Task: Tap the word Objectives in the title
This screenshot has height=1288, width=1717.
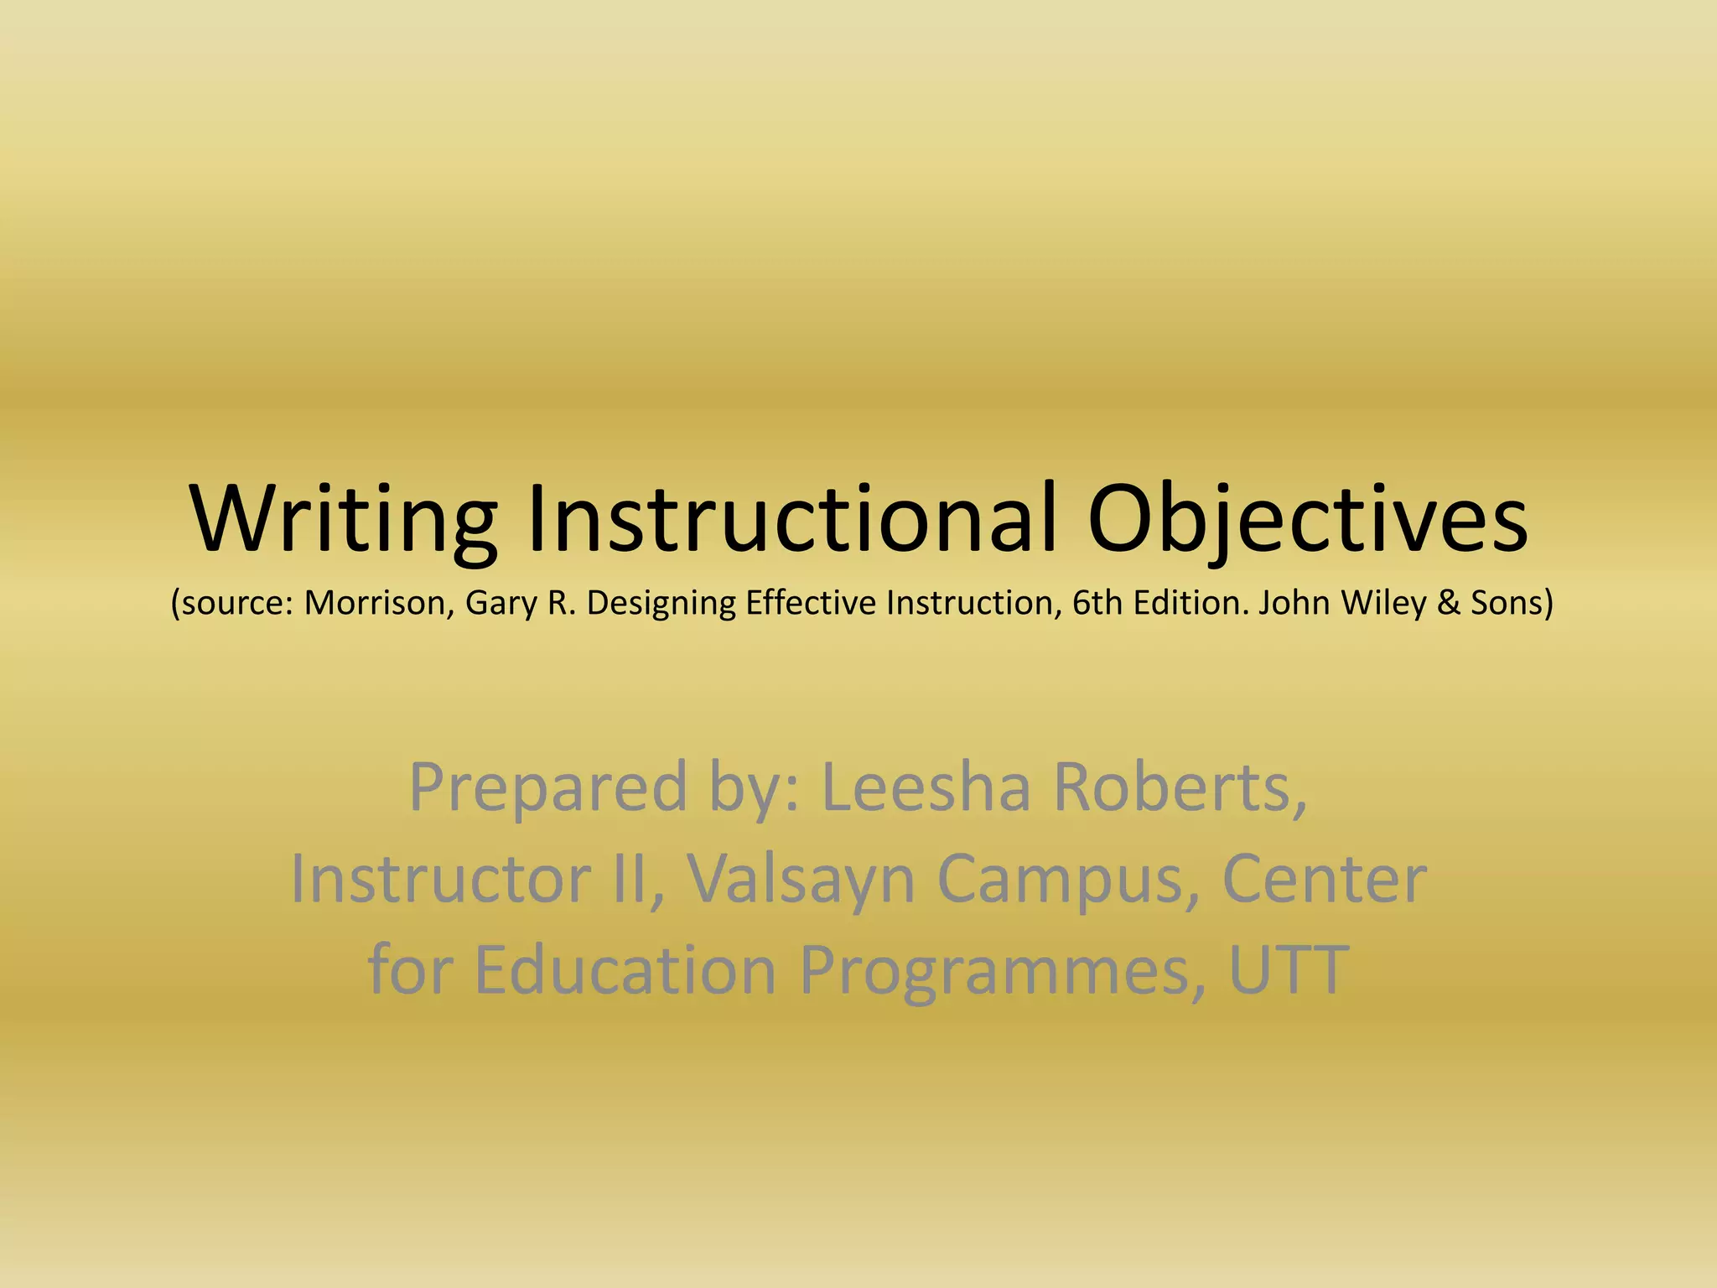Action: (x=1308, y=520)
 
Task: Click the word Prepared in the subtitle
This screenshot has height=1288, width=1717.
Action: (x=548, y=788)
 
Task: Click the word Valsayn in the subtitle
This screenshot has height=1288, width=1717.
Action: (x=801, y=880)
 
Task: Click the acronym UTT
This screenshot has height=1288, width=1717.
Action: (x=1289, y=969)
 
